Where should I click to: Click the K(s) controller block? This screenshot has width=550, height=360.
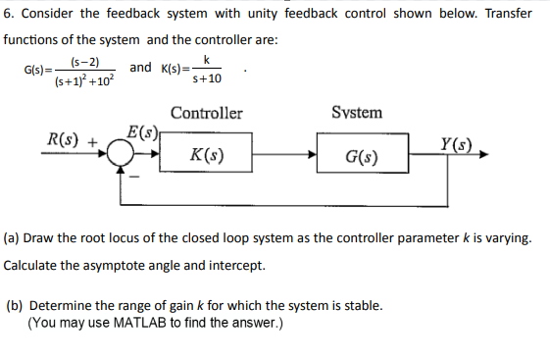207,154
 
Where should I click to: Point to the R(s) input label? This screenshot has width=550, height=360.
66,138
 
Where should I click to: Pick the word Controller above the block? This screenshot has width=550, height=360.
206,113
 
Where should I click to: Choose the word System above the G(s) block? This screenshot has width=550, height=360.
357,113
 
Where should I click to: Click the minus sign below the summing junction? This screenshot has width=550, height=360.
136,176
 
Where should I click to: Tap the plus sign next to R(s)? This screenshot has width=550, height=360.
95,141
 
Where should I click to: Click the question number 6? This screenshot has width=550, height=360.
8,14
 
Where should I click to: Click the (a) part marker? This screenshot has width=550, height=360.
13,238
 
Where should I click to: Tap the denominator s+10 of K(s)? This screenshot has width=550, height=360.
207,78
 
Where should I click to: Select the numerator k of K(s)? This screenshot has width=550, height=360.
207,60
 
